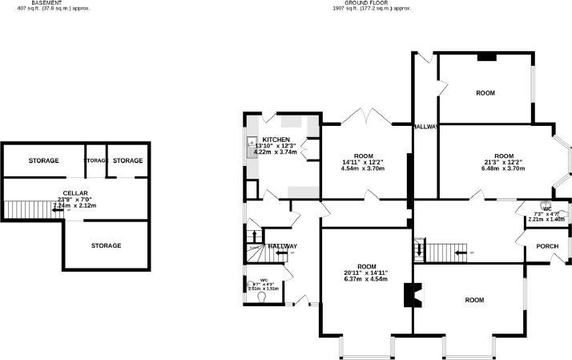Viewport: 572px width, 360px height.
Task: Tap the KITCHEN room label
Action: (x=276, y=140)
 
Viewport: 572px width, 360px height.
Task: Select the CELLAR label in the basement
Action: (x=75, y=194)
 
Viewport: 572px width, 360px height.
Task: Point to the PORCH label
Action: (x=547, y=246)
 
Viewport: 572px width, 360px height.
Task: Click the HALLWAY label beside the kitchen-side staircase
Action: (x=282, y=246)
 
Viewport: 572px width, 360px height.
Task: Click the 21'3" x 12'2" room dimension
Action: (x=503, y=163)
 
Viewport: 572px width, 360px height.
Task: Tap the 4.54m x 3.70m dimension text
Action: (x=365, y=168)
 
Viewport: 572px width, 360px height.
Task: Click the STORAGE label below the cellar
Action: (x=106, y=245)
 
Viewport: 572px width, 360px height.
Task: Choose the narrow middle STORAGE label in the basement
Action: (x=95, y=161)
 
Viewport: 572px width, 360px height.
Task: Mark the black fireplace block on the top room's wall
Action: (x=485, y=57)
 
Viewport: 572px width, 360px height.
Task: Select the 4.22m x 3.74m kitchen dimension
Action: (x=275, y=152)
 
